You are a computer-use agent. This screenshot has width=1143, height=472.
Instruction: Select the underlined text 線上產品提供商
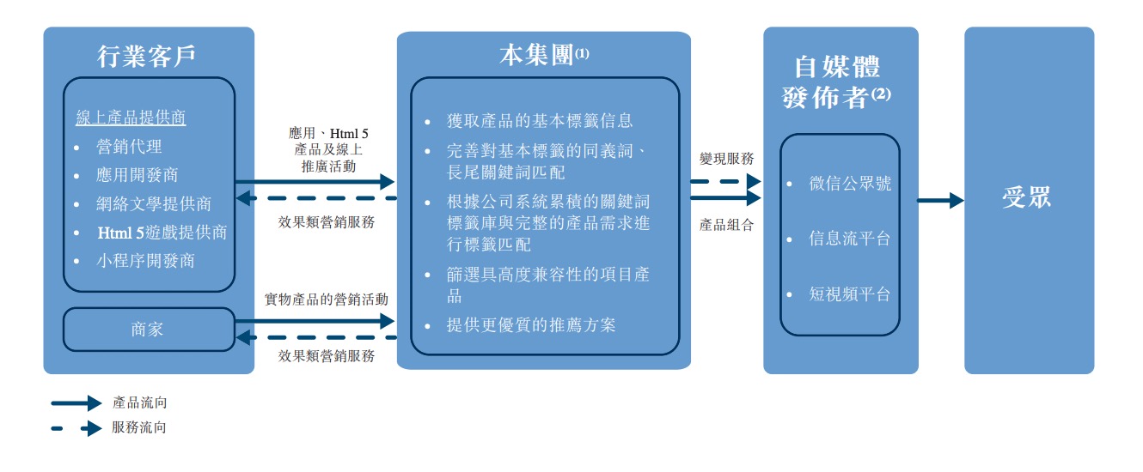pyautogui.click(x=131, y=118)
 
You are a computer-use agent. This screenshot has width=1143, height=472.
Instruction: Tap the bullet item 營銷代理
pyautogui.click(x=129, y=147)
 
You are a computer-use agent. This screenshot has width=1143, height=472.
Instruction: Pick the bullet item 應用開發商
pyautogui.click(x=138, y=175)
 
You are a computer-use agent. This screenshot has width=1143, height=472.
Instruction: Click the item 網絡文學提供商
pyautogui.click(x=154, y=203)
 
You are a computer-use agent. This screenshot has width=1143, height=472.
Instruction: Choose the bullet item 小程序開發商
pyautogui.click(x=145, y=260)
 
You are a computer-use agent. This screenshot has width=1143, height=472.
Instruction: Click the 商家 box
pyautogui.click(x=148, y=330)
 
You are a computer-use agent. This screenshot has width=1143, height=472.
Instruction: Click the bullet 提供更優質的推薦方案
pyautogui.click(x=531, y=325)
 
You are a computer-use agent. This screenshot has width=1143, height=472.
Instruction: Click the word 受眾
pyautogui.click(x=1027, y=199)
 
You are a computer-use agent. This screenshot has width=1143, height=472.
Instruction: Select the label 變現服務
pyautogui.click(x=727, y=159)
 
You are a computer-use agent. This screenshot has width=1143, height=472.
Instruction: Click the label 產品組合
pyautogui.click(x=727, y=225)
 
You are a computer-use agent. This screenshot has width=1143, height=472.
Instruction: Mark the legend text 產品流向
pyautogui.click(x=139, y=402)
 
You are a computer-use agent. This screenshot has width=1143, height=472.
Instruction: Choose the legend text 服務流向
pyautogui.click(x=139, y=427)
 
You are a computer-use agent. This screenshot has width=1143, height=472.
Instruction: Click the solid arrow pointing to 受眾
pyautogui.click(x=940, y=201)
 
